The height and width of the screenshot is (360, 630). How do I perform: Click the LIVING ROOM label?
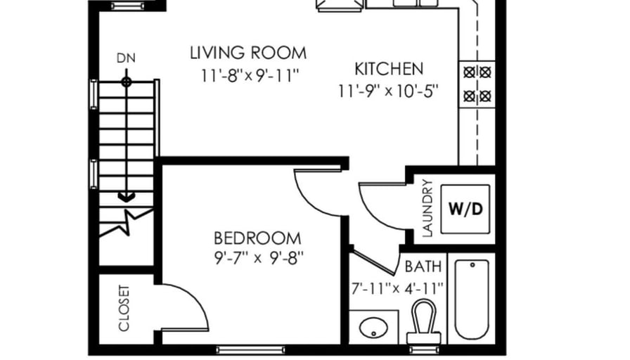click(248, 53)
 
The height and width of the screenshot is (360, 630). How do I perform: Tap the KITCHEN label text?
click(389, 69)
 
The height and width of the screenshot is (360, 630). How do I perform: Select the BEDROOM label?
click(257, 238)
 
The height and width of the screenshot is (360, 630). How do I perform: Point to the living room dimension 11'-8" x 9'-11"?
click(250, 75)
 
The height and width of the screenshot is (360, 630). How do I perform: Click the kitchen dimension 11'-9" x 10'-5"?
click(387, 91)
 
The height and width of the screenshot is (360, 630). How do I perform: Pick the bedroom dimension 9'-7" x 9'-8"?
click(259, 258)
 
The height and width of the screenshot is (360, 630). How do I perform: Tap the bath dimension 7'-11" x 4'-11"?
click(397, 288)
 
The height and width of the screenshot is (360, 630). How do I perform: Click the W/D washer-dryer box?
click(465, 209)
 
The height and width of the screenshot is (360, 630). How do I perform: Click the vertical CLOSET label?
click(124, 309)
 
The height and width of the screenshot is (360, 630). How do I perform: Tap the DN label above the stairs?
click(126, 58)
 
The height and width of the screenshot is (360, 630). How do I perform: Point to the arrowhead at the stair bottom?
click(126, 198)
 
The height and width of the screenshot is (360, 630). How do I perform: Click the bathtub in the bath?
click(472, 300)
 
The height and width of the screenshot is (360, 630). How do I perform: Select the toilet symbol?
click(424, 321)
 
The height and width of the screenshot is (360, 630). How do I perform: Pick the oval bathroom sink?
click(373, 328)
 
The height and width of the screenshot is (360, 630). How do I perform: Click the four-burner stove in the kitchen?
click(477, 84)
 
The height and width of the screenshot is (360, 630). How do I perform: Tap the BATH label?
click(423, 266)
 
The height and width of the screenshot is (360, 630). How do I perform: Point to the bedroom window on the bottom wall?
click(251, 350)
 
